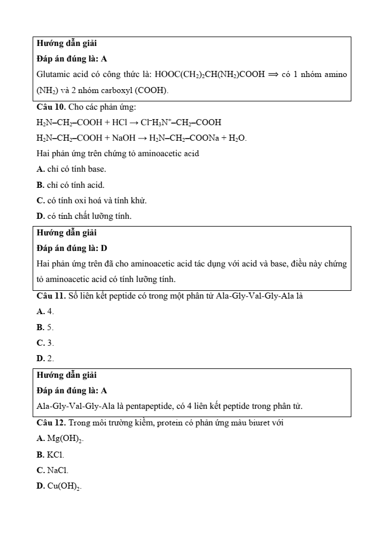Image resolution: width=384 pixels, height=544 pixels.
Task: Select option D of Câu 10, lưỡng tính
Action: pos(84,216)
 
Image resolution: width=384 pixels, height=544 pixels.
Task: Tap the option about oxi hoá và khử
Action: pos(91,201)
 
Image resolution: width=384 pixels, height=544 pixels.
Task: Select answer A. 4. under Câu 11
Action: pos(45,312)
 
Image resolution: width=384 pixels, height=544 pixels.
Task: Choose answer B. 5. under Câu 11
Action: pos(45,327)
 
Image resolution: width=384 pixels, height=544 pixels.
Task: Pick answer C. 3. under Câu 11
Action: pos(45,343)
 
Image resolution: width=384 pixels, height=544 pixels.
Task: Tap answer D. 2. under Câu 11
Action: pos(45,359)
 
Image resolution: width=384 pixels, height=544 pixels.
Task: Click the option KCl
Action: pos(50,455)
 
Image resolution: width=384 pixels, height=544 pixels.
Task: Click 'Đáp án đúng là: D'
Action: pos(71,248)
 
